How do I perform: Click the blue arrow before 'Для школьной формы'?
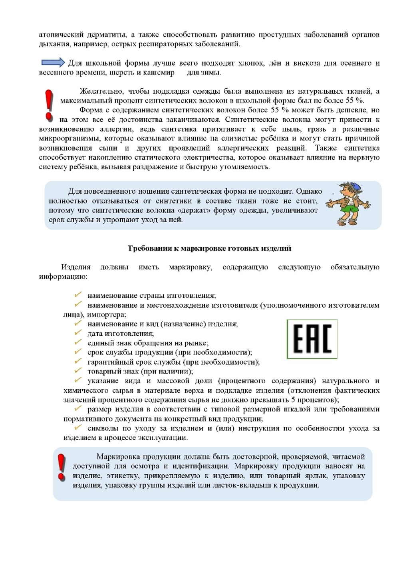point(53,62)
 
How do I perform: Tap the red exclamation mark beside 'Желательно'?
point(49,105)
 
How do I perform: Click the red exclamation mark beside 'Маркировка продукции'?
point(61,467)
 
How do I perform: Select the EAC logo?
point(312,339)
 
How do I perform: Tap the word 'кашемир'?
point(159,73)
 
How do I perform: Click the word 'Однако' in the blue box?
point(309,191)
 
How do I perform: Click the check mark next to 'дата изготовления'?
point(78,333)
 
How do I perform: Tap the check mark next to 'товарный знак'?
point(78,370)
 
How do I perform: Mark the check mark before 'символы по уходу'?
point(78,428)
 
